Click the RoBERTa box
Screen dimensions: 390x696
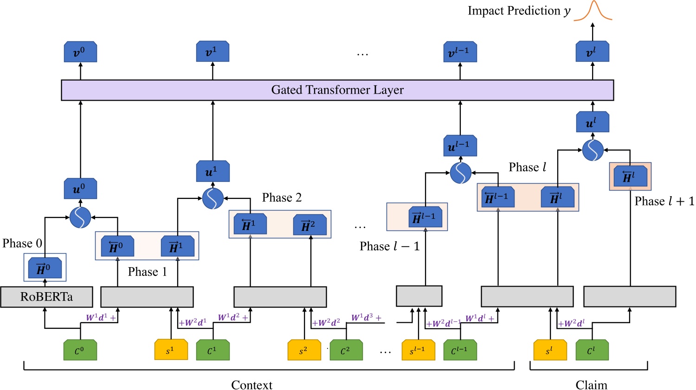[46, 297]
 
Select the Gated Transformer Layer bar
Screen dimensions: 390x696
[337, 90]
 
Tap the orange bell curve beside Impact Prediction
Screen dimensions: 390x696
[593, 12]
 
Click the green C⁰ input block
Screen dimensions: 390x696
[80, 350]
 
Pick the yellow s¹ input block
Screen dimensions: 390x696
[171, 350]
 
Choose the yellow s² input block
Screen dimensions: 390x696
[304, 350]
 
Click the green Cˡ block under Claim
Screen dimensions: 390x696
[592, 350]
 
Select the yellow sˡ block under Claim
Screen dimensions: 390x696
[550, 350]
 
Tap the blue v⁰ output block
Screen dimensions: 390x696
[80, 52]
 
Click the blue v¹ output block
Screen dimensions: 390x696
[213, 52]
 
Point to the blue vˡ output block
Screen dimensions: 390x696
[592, 52]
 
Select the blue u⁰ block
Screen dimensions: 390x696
[80, 189]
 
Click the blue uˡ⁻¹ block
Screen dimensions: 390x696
[460, 146]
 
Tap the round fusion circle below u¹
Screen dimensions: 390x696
[213, 198]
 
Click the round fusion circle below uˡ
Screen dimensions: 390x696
[593, 150]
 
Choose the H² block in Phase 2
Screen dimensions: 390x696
[310, 225]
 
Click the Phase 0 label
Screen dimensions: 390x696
[22, 243]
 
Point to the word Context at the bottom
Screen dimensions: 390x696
[251, 384]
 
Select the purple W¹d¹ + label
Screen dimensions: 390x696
[101, 318]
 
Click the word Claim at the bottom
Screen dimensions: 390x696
[591, 384]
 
